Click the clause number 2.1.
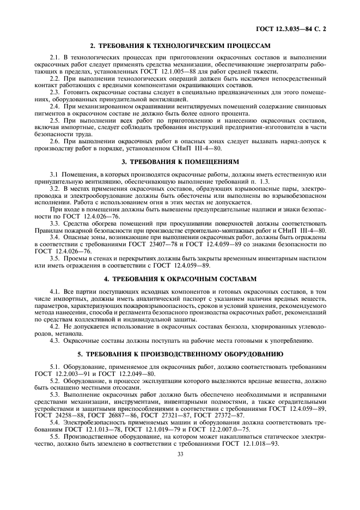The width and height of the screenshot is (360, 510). tap(54, 57)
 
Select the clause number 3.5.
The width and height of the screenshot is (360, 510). tap(54, 258)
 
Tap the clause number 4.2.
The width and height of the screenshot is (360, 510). tap(54, 325)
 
